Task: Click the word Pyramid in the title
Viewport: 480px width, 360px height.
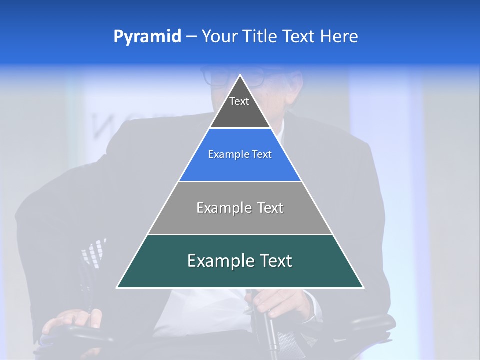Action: pos(147,37)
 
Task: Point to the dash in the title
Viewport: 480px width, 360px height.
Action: pos(191,37)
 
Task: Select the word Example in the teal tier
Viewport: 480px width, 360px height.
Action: pos(219,261)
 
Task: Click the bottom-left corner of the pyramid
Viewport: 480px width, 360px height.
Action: pos(117,287)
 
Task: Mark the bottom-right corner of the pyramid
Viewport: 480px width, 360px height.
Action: pos(363,287)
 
